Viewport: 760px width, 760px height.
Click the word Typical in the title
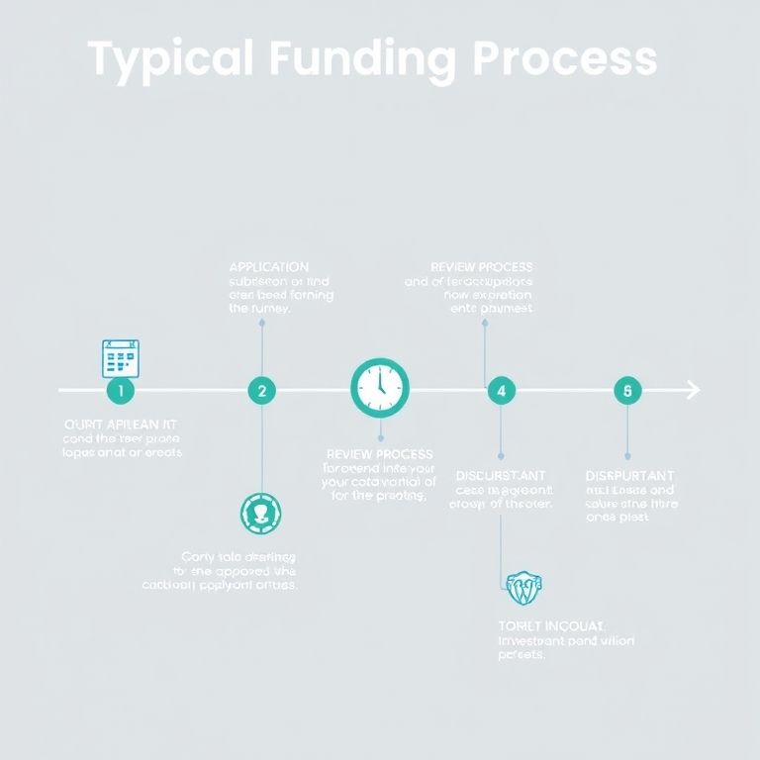(x=169, y=59)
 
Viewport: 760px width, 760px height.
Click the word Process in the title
(x=564, y=59)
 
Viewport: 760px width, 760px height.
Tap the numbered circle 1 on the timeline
(x=120, y=391)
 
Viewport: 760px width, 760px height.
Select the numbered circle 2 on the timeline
(x=261, y=391)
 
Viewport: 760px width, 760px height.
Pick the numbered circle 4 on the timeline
(x=502, y=391)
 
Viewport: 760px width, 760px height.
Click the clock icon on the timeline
(x=380, y=387)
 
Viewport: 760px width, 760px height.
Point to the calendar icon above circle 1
(x=121, y=358)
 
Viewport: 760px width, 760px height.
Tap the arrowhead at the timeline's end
(x=693, y=391)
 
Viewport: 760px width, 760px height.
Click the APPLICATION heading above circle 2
(x=268, y=267)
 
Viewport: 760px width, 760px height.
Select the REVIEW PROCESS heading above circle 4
(x=482, y=267)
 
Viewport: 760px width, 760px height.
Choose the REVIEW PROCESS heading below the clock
(x=379, y=454)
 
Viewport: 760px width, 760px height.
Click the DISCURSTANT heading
(x=501, y=476)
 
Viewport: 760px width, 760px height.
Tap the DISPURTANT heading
(x=630, y=476)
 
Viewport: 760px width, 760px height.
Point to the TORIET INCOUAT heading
(x=551, y=625)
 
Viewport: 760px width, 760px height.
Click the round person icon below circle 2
(x=261, y=514)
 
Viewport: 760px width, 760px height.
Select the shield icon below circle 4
(x=524, y=588)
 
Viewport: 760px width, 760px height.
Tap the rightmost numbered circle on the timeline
(x=627, y=391)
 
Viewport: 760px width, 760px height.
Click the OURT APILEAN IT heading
(x=121, y=424)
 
